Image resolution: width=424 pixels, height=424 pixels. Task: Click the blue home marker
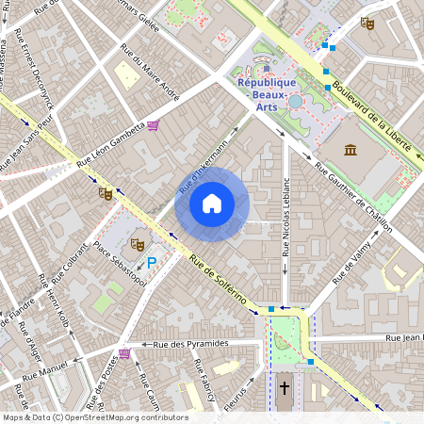(211, 204)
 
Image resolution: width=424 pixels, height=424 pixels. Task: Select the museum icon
(351, 150)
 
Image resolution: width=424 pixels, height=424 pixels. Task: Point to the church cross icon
(285, 388)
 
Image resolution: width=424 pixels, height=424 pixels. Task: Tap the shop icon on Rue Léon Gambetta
(154, 123)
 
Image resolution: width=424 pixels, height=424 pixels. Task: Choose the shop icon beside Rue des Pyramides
(124, 353)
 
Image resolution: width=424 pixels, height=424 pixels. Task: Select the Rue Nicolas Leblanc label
(285, 216)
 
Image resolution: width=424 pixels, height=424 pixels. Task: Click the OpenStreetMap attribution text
(95, 416)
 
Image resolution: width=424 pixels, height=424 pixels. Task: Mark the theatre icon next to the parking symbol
(137, 243)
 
